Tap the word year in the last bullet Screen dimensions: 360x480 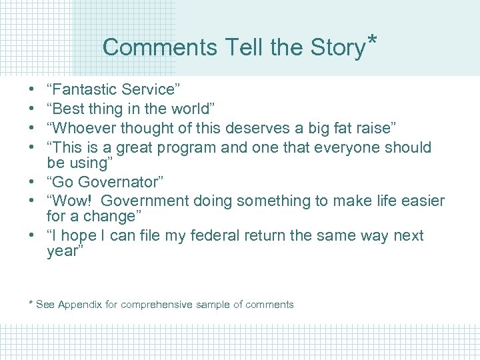click(63, 252)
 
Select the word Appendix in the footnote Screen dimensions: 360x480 click(79, 305)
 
